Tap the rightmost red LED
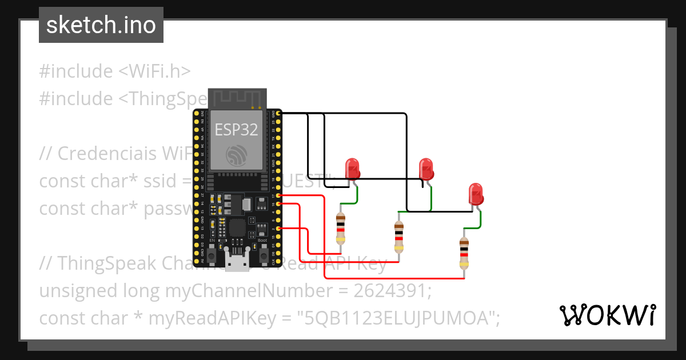pos(476,194)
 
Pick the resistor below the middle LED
pos(399,237)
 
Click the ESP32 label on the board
pos(236,129)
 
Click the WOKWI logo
pos(608,315)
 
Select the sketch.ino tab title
pos(101,25)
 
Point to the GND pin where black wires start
pos(278,114)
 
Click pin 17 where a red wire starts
pos(278,195)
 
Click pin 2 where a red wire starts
pos(278,229)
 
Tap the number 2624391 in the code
pos(392,291)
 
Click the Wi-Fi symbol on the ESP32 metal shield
pos(236,153)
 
